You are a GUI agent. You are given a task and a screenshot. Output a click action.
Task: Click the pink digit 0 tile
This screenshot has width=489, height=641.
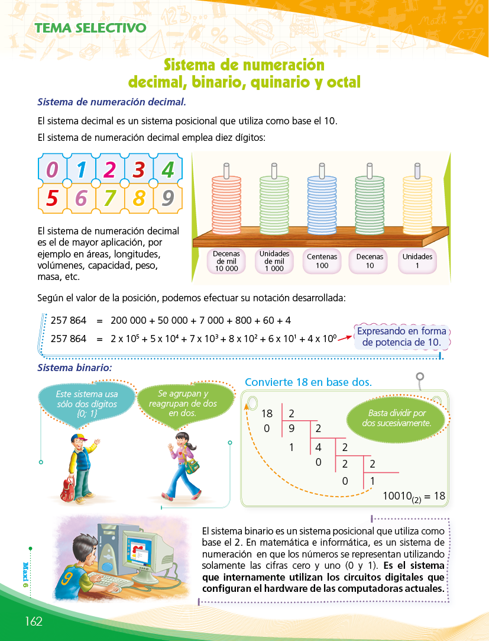(52, 170)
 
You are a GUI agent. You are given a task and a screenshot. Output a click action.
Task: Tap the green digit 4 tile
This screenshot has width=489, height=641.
(168, 170)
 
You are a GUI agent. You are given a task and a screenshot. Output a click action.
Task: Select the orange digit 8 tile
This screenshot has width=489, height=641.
(139, 198)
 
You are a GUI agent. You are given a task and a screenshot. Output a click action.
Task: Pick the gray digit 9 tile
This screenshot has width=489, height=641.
(168, 198)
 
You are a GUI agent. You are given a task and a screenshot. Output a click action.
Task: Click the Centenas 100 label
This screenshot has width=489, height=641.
(322, 261)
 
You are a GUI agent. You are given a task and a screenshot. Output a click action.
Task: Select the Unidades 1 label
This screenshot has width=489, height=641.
(417, 261)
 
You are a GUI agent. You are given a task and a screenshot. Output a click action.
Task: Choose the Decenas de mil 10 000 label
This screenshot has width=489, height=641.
(226, 261)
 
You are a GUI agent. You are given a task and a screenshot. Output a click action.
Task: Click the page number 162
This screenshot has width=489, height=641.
(34, 621)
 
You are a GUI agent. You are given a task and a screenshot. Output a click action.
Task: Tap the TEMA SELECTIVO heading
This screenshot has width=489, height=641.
(90, 28)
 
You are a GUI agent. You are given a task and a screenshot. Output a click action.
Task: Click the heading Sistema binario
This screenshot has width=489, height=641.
(75, 368)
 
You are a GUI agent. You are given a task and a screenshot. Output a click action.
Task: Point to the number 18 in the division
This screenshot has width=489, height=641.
(267, 414)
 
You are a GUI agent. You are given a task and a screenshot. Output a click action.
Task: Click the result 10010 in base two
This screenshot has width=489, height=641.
(401, 497)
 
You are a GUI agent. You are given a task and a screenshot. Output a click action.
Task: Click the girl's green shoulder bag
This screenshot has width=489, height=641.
(192, 466)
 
